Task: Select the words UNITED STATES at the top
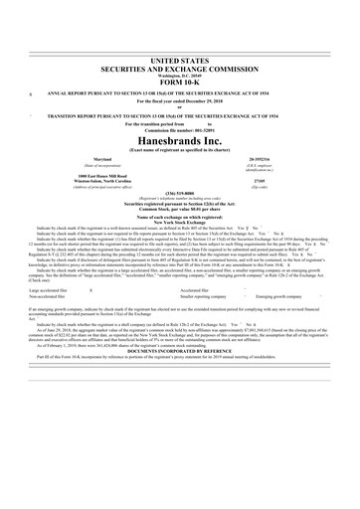click(180, 33)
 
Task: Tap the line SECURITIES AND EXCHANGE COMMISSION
click(180, 40)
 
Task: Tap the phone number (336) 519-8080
click(180, 167)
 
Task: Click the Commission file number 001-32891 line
click(180, 101)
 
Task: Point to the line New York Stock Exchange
click(180, 193)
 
